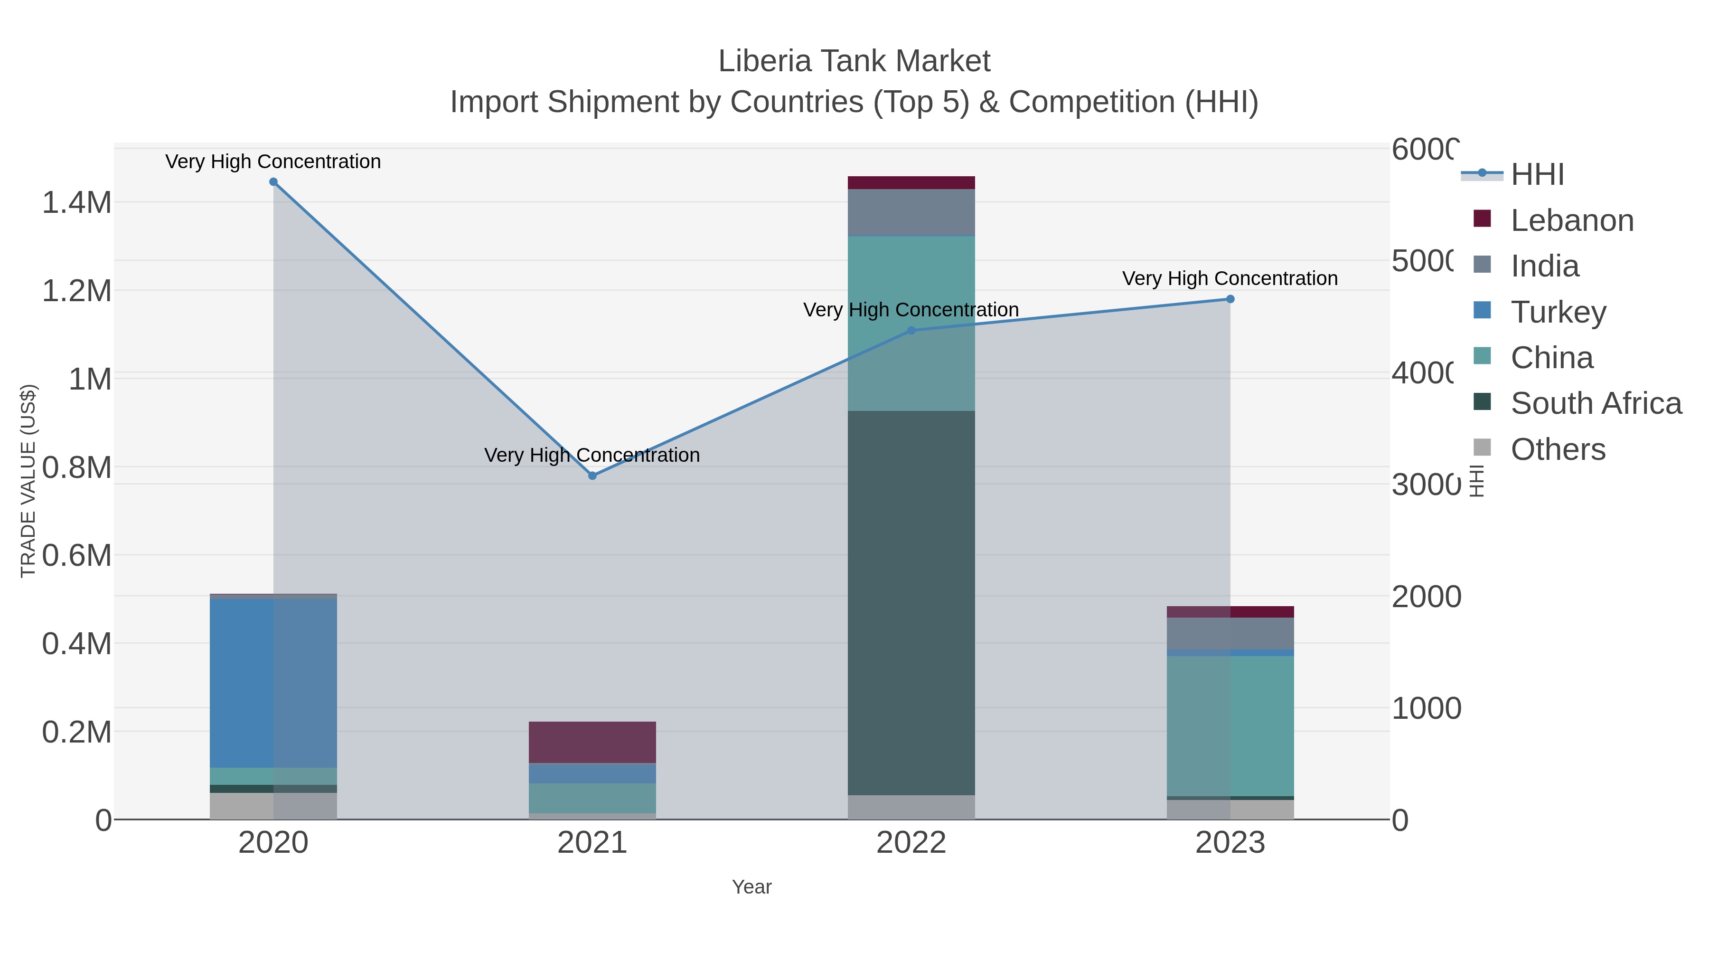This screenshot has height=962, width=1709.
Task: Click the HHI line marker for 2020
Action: (273, 182)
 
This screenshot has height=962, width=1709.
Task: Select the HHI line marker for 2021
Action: (592, 476)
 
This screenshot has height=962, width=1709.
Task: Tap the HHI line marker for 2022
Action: (911, 331)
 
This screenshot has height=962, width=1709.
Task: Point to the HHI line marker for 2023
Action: (1230, 299)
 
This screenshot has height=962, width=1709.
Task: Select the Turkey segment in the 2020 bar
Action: (273, 683)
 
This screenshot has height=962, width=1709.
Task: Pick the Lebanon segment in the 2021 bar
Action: (592, 742)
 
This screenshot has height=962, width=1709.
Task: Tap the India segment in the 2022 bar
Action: (911, 212)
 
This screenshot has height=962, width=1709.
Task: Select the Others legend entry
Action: (1557, 449)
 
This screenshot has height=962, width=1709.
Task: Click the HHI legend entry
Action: (1537, 175)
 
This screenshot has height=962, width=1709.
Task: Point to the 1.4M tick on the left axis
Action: (76, 202)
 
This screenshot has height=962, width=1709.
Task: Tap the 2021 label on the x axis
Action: (592, 843)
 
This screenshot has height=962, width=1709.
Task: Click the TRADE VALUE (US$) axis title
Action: (28, 481)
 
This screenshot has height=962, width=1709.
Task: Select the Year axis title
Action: (751, 887)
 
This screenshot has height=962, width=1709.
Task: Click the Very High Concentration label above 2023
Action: (1230, 278)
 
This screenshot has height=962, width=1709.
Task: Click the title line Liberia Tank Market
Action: (854, 61)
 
